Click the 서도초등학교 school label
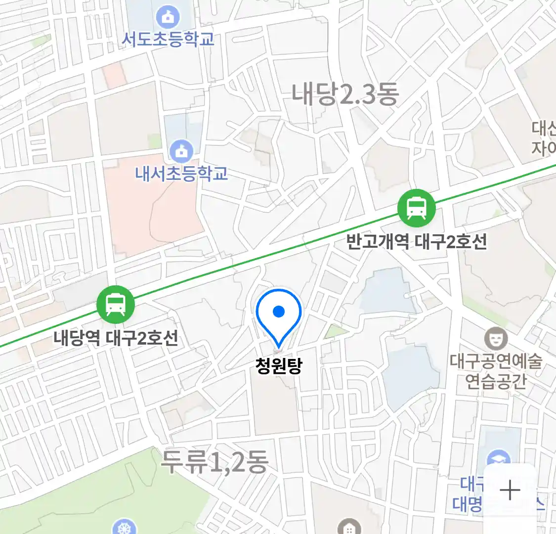tap(168, 39)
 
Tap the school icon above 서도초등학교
tap(168, 18)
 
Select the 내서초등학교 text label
tap(181, 173)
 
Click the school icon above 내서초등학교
tap(181, 150)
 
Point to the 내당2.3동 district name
tap(345, 93)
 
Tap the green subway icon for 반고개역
tap(417, 208)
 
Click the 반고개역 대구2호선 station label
tap(416, 242)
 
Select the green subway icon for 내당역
tap(115, 304)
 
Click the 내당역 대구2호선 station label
tap(116, 338)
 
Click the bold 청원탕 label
tap(279, 366)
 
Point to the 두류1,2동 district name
tap(214, 462)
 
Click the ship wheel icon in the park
tap(124, 527)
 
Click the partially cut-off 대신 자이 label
tap(544, 138)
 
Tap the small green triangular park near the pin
tap(336, 331)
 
